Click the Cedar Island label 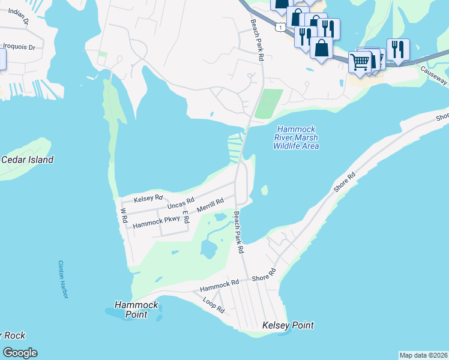coord(27,160)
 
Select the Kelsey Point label coord(288,326)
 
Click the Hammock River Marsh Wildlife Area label coord(296,137)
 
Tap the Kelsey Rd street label coord(148,198)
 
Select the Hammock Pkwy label coord(156,222)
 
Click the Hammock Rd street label coord(220,282)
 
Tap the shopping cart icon coord(360,61)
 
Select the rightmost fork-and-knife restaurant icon coord(398,49)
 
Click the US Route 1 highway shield coord(280,27)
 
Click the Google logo coord(20,353)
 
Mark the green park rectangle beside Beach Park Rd coord(268,104)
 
